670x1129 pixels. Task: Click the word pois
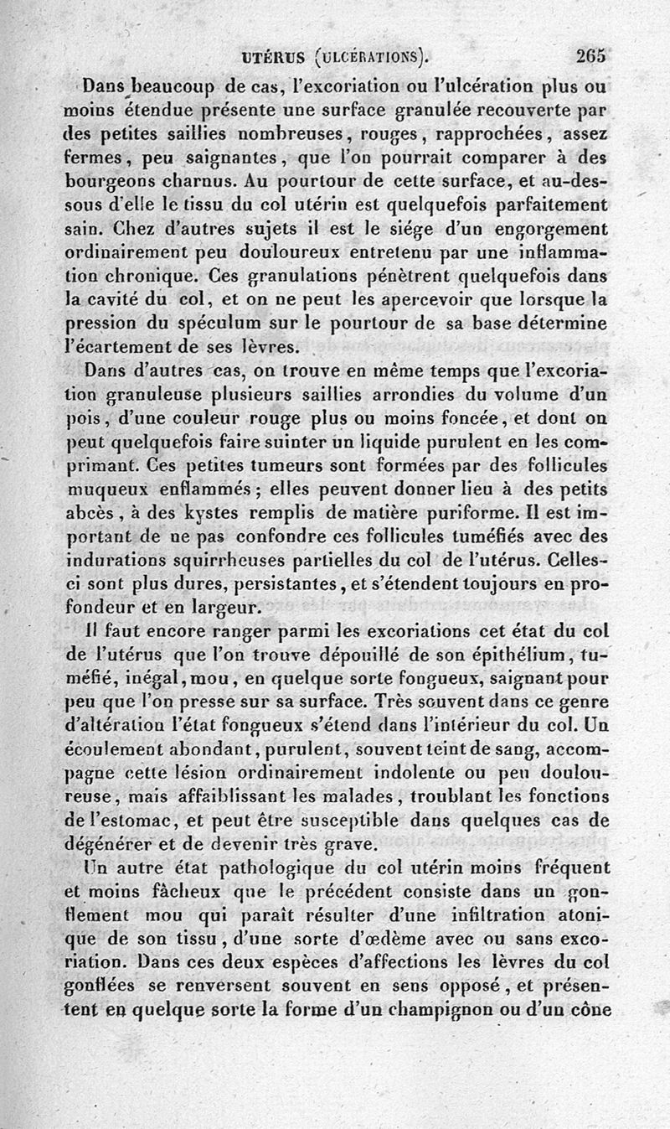[x=80, y=417]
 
